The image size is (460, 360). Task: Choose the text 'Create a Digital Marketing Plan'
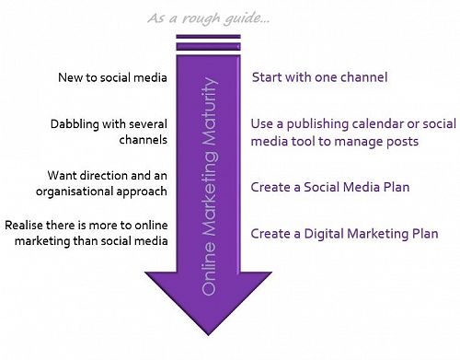point(338,233)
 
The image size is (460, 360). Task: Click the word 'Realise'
point(27,225)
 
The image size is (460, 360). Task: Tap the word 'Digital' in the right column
point(327,233)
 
